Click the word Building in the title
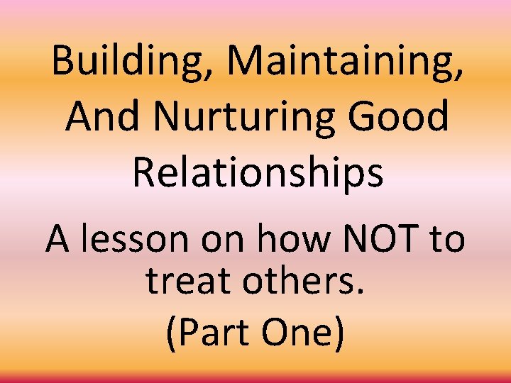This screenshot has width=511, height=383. point(131,62)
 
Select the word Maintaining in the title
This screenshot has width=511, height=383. point(345,62)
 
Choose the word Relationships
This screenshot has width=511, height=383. point(258,173)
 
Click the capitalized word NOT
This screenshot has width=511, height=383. point(378,240)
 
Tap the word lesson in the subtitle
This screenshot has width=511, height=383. point(136,240)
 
